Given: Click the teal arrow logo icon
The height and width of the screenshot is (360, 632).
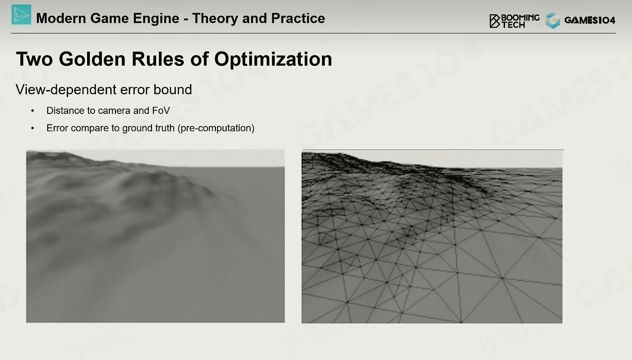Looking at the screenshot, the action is [21, 14].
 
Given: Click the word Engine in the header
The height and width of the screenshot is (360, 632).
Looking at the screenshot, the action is [156, 19].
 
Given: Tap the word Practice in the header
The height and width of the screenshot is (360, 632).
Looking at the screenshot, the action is [297, 19].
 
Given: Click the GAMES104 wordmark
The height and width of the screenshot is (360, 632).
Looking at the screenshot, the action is [590, 20].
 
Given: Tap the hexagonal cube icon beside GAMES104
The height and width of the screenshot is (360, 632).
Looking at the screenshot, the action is [553, 20].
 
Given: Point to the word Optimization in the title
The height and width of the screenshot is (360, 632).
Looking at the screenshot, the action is [273, 60].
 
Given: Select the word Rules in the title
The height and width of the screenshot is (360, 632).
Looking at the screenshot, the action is [158, 59].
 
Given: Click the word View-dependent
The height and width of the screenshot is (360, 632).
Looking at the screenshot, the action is [66, 90].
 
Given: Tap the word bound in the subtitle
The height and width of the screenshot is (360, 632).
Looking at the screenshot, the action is [173, 90].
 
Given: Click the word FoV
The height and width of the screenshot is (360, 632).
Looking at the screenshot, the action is [161, 111].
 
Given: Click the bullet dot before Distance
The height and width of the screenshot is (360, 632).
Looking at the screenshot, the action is [33, 111].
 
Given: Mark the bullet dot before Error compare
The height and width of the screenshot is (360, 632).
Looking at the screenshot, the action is [33, 128].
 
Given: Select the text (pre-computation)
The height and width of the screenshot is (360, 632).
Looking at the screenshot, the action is [216, 128].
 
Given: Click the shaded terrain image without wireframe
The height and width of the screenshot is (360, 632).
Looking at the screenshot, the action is [156, 236].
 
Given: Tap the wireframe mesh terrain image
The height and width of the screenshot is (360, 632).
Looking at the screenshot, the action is [432, 237].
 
